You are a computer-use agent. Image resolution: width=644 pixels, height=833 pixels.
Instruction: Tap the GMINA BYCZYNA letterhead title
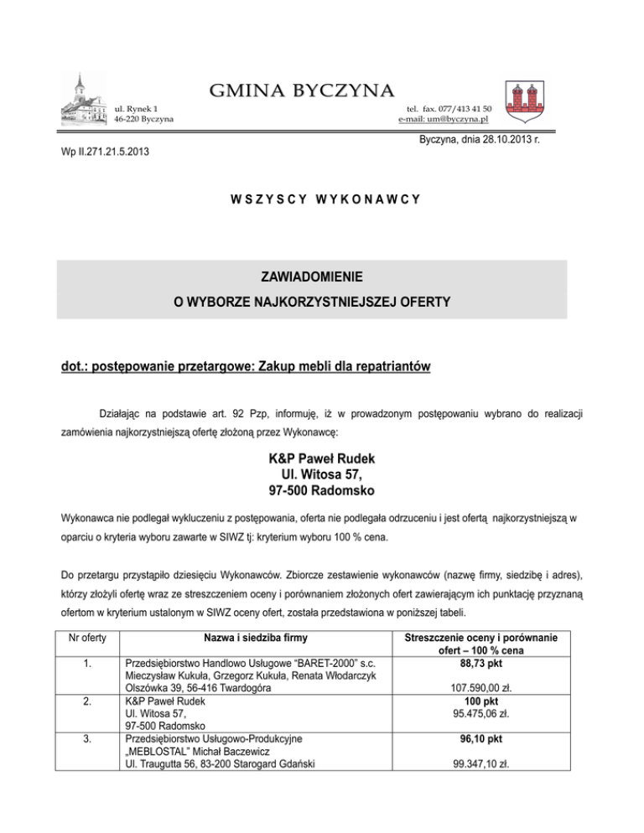tap(304, 89)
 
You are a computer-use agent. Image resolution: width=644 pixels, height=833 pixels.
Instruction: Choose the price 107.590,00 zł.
tap(482, 689)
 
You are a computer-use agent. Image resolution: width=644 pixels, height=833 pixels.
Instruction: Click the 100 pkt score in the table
tap(482, 701)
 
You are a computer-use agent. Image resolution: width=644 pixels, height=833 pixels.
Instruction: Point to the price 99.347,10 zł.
tap(482, 764)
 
